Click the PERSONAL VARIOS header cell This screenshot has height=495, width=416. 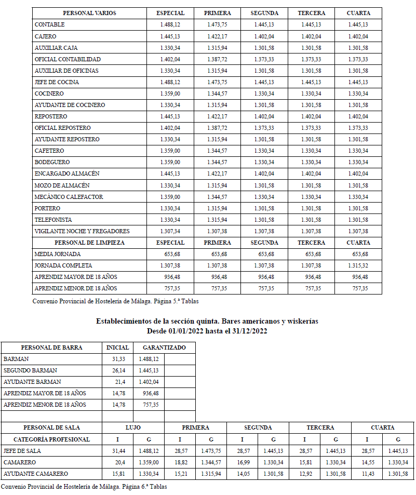point(89,13)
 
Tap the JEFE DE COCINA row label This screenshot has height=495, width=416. point(57,82)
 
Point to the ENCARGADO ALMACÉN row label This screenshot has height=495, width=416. point(67,173)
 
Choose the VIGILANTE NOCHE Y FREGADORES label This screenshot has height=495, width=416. point(82,231)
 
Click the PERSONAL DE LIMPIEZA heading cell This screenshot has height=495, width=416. point(89,243)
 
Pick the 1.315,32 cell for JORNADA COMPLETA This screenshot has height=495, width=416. point(358,265)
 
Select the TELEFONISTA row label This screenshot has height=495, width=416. point(53,220)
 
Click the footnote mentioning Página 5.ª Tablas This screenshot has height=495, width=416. point(115,301)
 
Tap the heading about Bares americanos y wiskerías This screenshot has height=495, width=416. point(207,322)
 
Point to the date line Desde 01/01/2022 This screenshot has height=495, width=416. point(207,331)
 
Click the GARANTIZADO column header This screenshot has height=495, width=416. point(164,347)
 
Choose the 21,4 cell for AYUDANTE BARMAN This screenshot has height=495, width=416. point(119,382)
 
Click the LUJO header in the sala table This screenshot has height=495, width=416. point(133,427)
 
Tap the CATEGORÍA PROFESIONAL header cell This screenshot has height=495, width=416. point(51,439)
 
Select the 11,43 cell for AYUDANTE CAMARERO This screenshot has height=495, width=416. point(367,474)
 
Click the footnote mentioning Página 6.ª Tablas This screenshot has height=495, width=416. point(84,487)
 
